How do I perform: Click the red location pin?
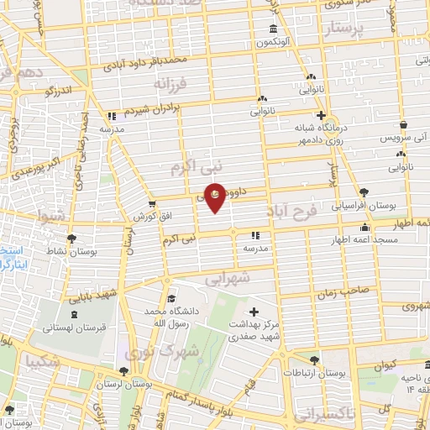(x=216, y=197)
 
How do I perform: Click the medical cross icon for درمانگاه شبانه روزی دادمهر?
(x=320, y=116)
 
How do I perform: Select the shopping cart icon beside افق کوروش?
(x=151, y=203)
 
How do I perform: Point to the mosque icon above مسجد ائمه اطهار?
(x=364, y=227)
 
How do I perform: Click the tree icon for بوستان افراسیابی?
(x=363, y=191)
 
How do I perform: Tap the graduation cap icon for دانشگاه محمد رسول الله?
(x=170, y=298)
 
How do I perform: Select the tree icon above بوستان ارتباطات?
(x=314, y=359)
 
